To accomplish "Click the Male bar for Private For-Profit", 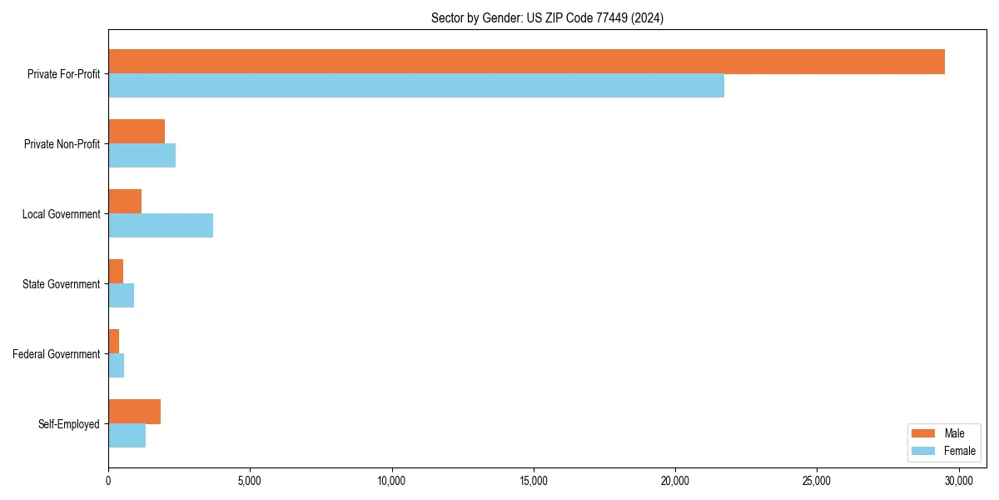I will tap(526, 62).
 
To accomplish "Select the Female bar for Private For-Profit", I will tap(416, 86).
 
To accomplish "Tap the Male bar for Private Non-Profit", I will tap(137, 132).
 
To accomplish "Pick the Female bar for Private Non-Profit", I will tap(142, 156).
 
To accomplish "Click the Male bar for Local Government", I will tap(125, 202).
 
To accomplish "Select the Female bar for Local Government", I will tap(161, 226).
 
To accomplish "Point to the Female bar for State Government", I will tap(121, 296).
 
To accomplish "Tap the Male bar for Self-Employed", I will tap(134, 412).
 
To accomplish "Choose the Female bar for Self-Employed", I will tap(127, 436).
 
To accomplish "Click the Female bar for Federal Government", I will tap(116, 366).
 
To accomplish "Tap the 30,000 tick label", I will tap(958, 481).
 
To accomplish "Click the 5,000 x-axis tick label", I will tap(250, 481).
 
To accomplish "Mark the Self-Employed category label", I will tap(68, 424).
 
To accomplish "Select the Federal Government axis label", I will tap(57, 354).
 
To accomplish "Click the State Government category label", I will tap(61, 284).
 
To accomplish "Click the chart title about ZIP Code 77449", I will tap(547, 17).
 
